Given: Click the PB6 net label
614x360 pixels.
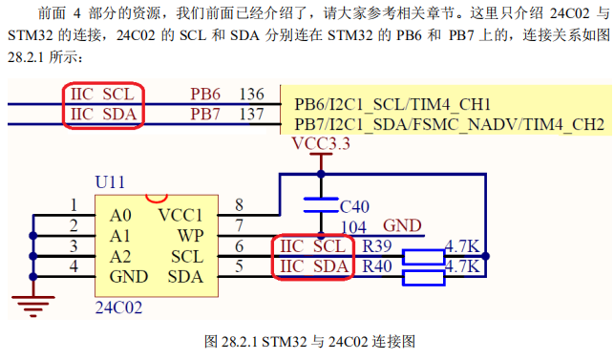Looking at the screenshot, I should click(205, 95).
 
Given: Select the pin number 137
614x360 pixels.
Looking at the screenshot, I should click(252, 115).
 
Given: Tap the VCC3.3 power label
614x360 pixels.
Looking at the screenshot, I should click(320, 144).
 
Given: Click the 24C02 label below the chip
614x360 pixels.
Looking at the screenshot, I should click(118, 308).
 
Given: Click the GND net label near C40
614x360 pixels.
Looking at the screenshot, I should click(402, 226).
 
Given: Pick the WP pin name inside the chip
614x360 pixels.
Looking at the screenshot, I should click(190, 235).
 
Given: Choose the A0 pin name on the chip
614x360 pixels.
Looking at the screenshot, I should click(120, 214).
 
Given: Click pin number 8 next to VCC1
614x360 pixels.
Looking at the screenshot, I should click(239, 204).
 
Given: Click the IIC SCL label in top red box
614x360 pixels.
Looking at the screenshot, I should click(104, 95).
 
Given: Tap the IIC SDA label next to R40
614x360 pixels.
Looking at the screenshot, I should click(312, 266).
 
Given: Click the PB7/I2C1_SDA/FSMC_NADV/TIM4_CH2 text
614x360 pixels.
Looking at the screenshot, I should click(449, 125).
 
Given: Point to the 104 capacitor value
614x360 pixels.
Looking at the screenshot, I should click(355, 226).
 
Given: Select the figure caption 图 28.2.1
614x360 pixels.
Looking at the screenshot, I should click(307, 341).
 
